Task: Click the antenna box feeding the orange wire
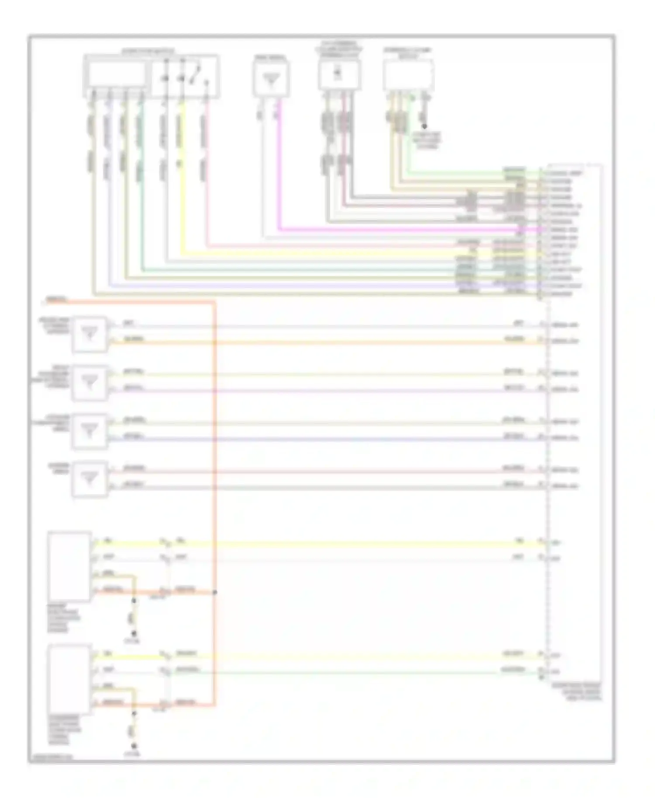coord(90,334)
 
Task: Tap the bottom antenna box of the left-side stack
coord(90,479)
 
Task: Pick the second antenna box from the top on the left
coord(90,382)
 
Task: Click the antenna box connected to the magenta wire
coord(271,79)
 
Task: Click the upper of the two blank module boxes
coord(69,567)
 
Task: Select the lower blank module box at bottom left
coord(69,679)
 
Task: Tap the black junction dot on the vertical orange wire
coord(215,592)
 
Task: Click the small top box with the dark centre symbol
coord(339,74)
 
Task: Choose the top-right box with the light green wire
coord(408,75)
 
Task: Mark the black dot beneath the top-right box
coord(424,126)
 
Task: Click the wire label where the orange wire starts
coord(56,299)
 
